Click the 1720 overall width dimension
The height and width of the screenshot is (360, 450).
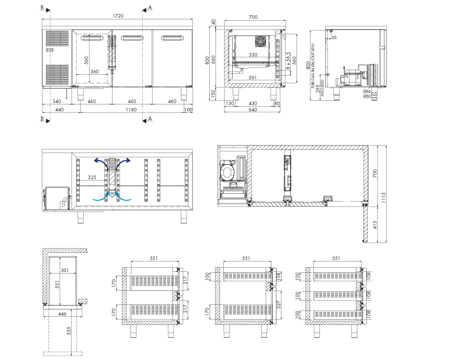(117, 16)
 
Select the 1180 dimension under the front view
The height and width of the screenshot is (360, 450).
(131, 110)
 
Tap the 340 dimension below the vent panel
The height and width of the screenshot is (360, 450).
(57, 101)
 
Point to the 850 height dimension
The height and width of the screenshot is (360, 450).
(207, 60)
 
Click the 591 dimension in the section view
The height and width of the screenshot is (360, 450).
(252, 77)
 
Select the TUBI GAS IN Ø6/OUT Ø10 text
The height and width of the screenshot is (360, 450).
(313, 66)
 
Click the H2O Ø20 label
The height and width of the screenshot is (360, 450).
(323, 88)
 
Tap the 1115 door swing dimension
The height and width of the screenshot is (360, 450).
(384, 198)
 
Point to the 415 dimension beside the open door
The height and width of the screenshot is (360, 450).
(375, 225)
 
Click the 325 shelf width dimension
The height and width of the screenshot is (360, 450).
(92, 177)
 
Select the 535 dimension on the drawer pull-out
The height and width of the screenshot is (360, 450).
(68, 331)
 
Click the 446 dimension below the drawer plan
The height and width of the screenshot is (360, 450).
(62, 314)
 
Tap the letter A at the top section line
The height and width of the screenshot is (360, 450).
(150, 8)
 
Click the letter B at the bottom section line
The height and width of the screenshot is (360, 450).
(42, 118)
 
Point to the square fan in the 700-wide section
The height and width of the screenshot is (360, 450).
(261, 41)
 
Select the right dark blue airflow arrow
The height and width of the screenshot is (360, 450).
(124, 162)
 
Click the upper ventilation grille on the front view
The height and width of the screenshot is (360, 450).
(58, 38)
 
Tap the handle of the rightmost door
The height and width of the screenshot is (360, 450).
(172, 38)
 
